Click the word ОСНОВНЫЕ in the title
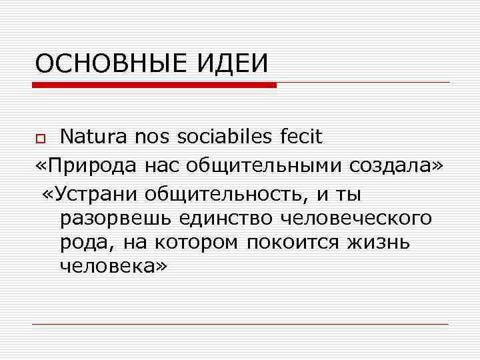pyautogui.click(x=111, y=64)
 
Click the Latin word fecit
pyautogui.click(x=298, y=137)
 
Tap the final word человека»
pyautogui.click(x=114, y=266)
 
